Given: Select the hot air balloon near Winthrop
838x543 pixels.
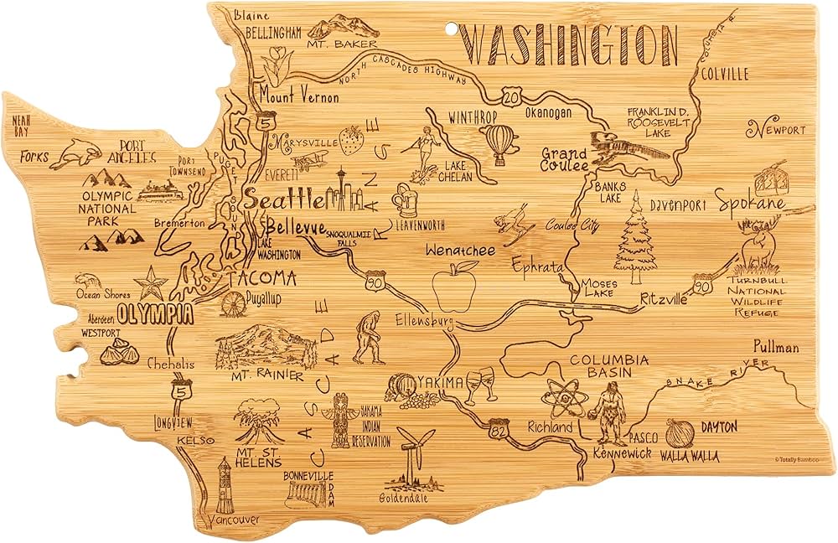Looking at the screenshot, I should tap(500, 143).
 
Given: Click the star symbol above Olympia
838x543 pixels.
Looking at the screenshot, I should tap(153, 283).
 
